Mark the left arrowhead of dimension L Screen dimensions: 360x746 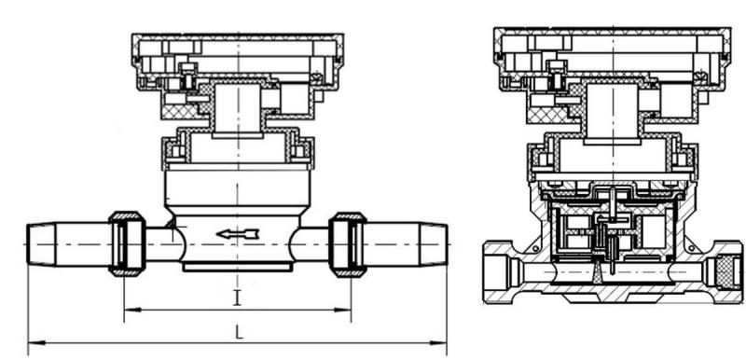pyautogui.click(x=32, y=344)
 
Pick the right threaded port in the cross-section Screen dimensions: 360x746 pyautogui.click(x=723, y=271)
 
